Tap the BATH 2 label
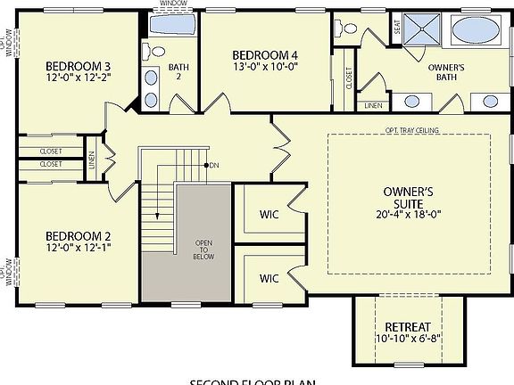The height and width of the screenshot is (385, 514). (177, 71)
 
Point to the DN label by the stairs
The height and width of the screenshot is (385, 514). (215, 166)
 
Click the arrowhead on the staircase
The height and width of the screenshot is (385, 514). (156, 216)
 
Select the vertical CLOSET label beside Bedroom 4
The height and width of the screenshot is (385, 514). (348, 79)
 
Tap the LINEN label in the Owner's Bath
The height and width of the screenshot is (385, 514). (374, 104)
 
